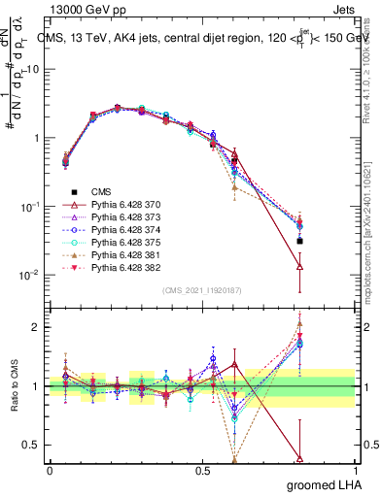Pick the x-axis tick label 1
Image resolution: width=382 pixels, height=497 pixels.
356,469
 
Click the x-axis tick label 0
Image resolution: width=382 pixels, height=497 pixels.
49,469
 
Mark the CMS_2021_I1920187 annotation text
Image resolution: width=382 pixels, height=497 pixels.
201,290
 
